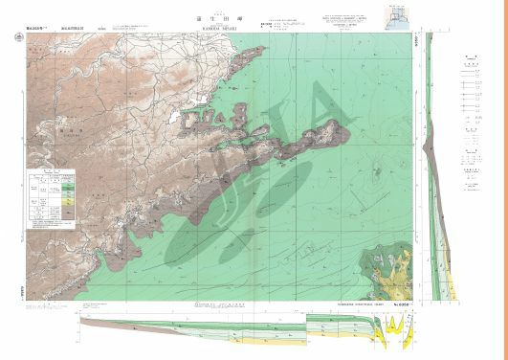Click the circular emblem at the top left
(x=19, y=37)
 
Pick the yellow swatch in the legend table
(x=68, y=196)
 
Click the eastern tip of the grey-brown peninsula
(x=345, y=124)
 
